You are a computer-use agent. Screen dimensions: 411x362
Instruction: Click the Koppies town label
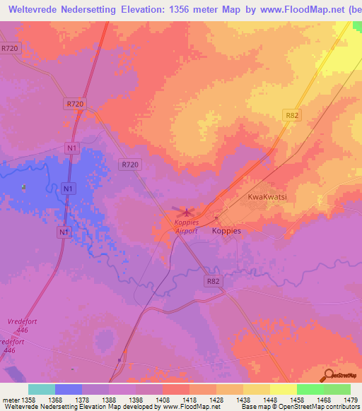pos(227,231)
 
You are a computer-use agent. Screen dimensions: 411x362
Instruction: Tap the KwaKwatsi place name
pos(267,198)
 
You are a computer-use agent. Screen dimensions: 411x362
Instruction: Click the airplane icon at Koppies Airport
pos(187,211)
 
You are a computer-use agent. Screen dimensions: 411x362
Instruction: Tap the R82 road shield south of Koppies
pos(214,280)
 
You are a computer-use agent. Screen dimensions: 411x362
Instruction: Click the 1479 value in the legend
pos(350,400)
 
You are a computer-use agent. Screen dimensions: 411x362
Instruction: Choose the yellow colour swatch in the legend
pos(283,389)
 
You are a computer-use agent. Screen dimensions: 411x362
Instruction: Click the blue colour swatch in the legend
pos(68,389)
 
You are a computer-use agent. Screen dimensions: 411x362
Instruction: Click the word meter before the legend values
pos(11,400)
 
